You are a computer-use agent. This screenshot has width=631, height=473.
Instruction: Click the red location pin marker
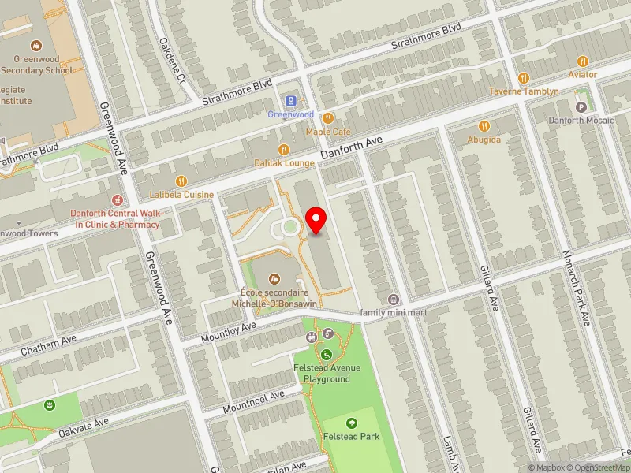316,219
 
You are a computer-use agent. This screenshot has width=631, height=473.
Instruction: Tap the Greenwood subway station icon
290,101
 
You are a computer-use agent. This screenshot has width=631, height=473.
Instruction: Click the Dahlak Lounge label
283,162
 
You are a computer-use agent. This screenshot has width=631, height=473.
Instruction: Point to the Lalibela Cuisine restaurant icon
181,181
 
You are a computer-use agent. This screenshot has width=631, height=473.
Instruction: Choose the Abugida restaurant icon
484,125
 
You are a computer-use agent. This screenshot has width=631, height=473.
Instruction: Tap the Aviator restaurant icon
583,61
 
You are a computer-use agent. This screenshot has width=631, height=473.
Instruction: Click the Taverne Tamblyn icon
523,77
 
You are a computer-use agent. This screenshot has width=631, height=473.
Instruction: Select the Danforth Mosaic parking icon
582,106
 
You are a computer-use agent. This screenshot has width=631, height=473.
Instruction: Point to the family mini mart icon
394,299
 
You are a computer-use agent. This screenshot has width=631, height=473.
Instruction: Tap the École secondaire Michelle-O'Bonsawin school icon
274,277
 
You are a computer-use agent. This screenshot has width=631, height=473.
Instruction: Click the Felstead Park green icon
351,423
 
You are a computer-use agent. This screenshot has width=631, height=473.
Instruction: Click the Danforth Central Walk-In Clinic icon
118,200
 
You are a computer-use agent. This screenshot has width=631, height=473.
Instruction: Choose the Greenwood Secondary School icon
35,47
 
